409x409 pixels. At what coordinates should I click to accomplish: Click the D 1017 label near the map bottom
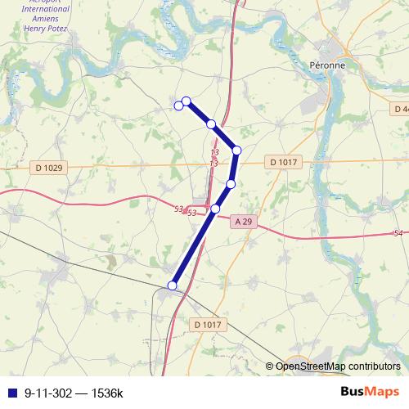click(208, 325)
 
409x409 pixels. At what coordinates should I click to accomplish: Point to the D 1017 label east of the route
click(282, 163)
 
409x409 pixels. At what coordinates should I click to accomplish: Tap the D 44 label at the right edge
click(399, 109)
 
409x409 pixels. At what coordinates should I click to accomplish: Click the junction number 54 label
click(398, 234)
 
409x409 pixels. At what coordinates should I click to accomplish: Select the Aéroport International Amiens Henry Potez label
click(45, 16)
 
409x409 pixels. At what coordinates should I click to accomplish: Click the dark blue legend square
click(12, 393)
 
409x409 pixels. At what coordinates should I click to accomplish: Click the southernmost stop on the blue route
click(172, 285)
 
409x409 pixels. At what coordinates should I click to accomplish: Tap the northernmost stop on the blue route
click(186, 101)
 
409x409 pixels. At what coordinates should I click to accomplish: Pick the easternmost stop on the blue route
click(236, 151)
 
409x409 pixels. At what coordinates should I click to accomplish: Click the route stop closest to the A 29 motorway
click(216, 209)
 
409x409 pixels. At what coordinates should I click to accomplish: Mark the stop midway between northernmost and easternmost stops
click(211, 124)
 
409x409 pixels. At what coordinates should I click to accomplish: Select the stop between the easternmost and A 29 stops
click(231, 184)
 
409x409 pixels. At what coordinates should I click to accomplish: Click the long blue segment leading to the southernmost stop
click(194, 247)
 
